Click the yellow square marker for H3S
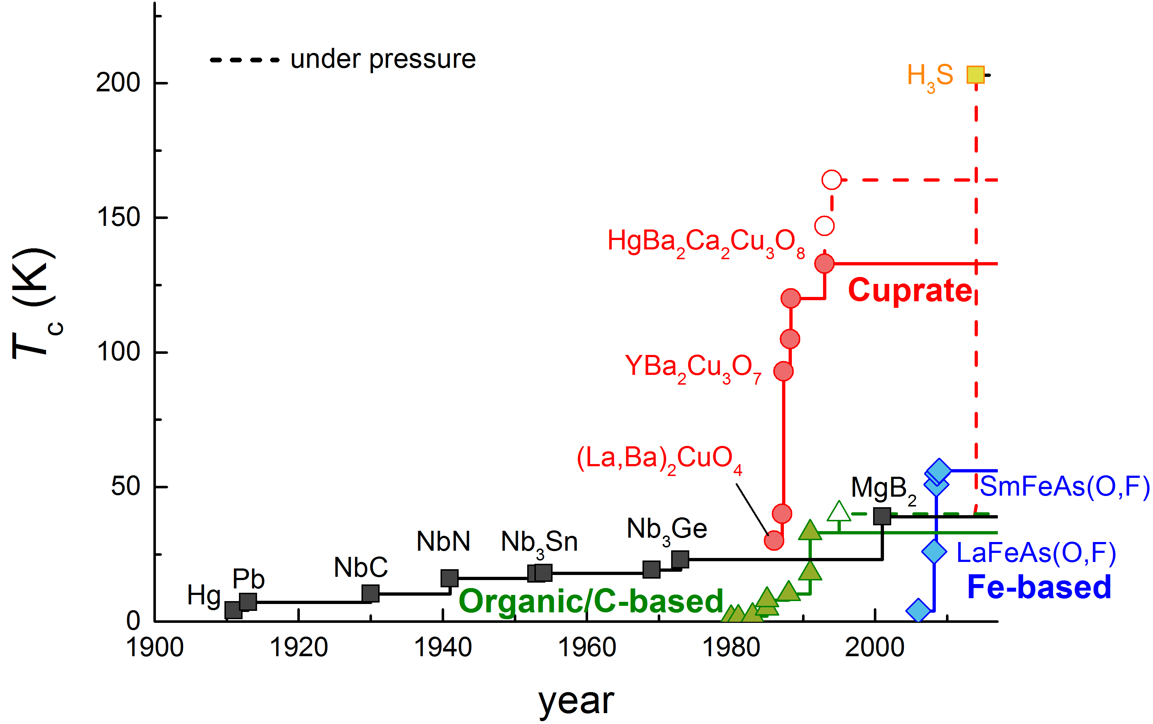coord(975,75)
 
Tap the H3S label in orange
coord(930,76)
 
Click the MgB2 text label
coord(884,489)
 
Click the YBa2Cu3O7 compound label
coord(693,368)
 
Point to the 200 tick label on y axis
coord(118,82)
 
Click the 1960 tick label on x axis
coord(587,648)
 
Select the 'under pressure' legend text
coord(383,59)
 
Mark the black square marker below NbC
coord(371,593)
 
